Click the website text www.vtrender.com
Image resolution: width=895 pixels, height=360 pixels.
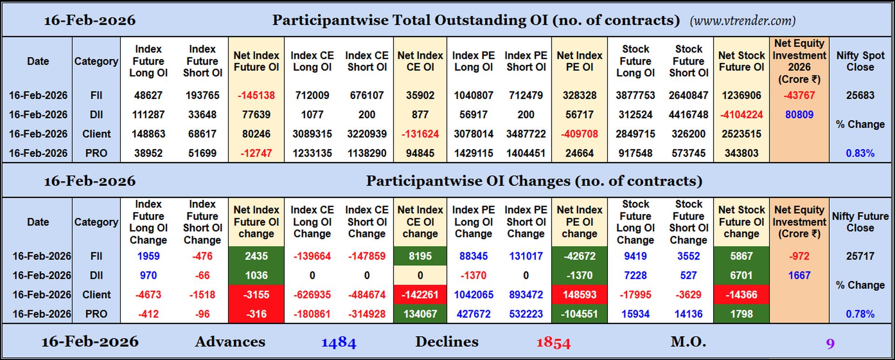[x=743, y=21]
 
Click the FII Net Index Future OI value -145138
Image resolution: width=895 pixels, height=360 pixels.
[x=256, y=96]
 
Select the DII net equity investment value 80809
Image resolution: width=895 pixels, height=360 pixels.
[x=799, y=115]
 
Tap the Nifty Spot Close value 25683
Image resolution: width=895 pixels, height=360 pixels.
[x=860, y=96]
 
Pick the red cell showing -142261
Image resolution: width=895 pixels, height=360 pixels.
[x=420, y=295]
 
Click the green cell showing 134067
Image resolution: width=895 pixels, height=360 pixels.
[x=420, y=314]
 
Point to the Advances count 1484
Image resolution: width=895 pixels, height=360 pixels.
[x=338, y=343]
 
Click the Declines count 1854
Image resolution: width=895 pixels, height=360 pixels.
[x=553, y=343]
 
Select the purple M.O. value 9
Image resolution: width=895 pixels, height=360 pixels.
[x=830, y=344]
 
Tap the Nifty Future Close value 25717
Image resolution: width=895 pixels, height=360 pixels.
[x=860, y=256]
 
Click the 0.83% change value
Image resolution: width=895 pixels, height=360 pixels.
[x=860, y=153]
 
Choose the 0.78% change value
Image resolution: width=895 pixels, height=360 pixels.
[x=860, y=314]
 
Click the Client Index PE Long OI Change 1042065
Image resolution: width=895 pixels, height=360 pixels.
[x=473, y=295]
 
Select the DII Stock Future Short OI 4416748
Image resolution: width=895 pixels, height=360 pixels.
[x=688, y=115]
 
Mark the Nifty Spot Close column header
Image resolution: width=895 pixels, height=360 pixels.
[x=860, y=61]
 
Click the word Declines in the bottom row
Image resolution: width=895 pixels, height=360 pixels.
[x=447, y=342]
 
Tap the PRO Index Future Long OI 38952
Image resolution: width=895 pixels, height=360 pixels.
[x=148, y=153]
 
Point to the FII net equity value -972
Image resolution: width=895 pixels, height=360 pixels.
[x=799, y=256]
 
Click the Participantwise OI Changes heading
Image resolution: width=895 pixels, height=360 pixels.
[x=534, y=181]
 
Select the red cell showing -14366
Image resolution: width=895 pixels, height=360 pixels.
[x=741, y=295]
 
